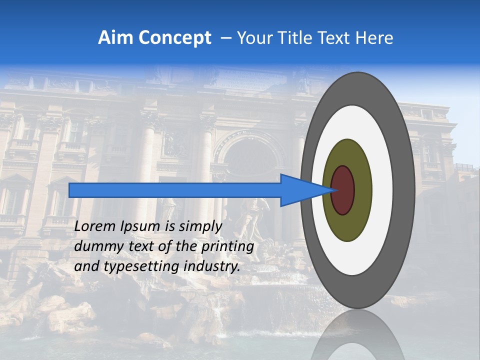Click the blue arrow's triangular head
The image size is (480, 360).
300,190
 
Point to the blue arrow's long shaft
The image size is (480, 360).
175,190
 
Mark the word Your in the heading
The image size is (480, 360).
253,38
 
